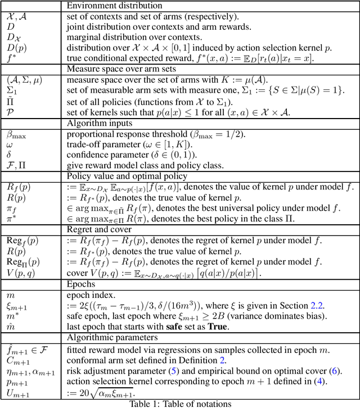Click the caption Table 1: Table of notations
click(x=178, y=402)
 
